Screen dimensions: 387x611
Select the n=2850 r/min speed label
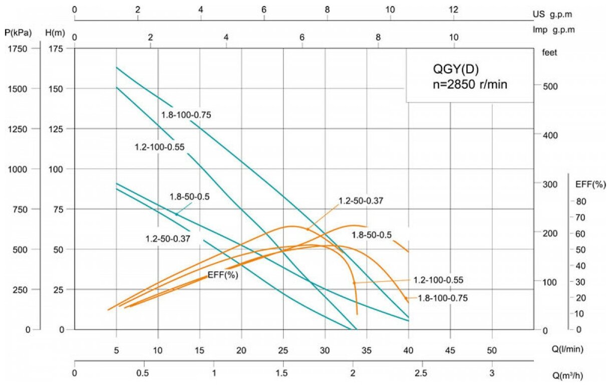[x=470, y=85]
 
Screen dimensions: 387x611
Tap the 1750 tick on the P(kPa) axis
[x=21, y=48]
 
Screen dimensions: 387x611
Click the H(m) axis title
[x=56, y=33]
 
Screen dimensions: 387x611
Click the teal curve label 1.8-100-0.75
[x=186, y=115]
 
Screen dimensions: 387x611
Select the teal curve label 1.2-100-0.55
[x=159, y=147]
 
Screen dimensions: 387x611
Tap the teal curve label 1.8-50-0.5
[x=190, y=197]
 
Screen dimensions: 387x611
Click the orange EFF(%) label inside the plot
[x=223, y=275]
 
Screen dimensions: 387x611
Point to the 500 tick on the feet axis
[x=550, y=86]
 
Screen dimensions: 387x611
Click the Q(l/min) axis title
[x=563, y=349]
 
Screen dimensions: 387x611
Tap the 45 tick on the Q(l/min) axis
[x=450, y=349]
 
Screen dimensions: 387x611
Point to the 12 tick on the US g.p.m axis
[x=453, y=10]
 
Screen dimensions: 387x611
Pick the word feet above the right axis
[x=549, y=52]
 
